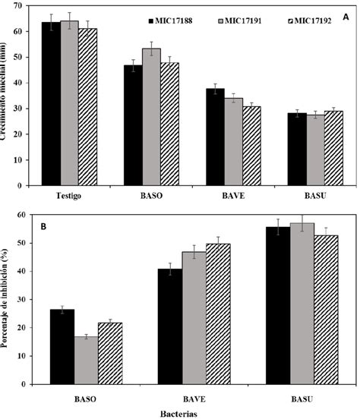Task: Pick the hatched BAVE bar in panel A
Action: click(x=251, y=145)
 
